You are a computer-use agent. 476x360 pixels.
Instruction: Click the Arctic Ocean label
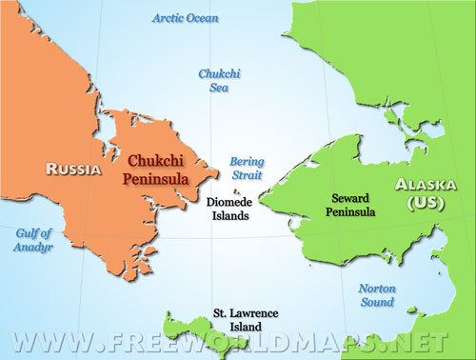[178, 17]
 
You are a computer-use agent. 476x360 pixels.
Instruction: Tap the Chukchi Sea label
[217, 80]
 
